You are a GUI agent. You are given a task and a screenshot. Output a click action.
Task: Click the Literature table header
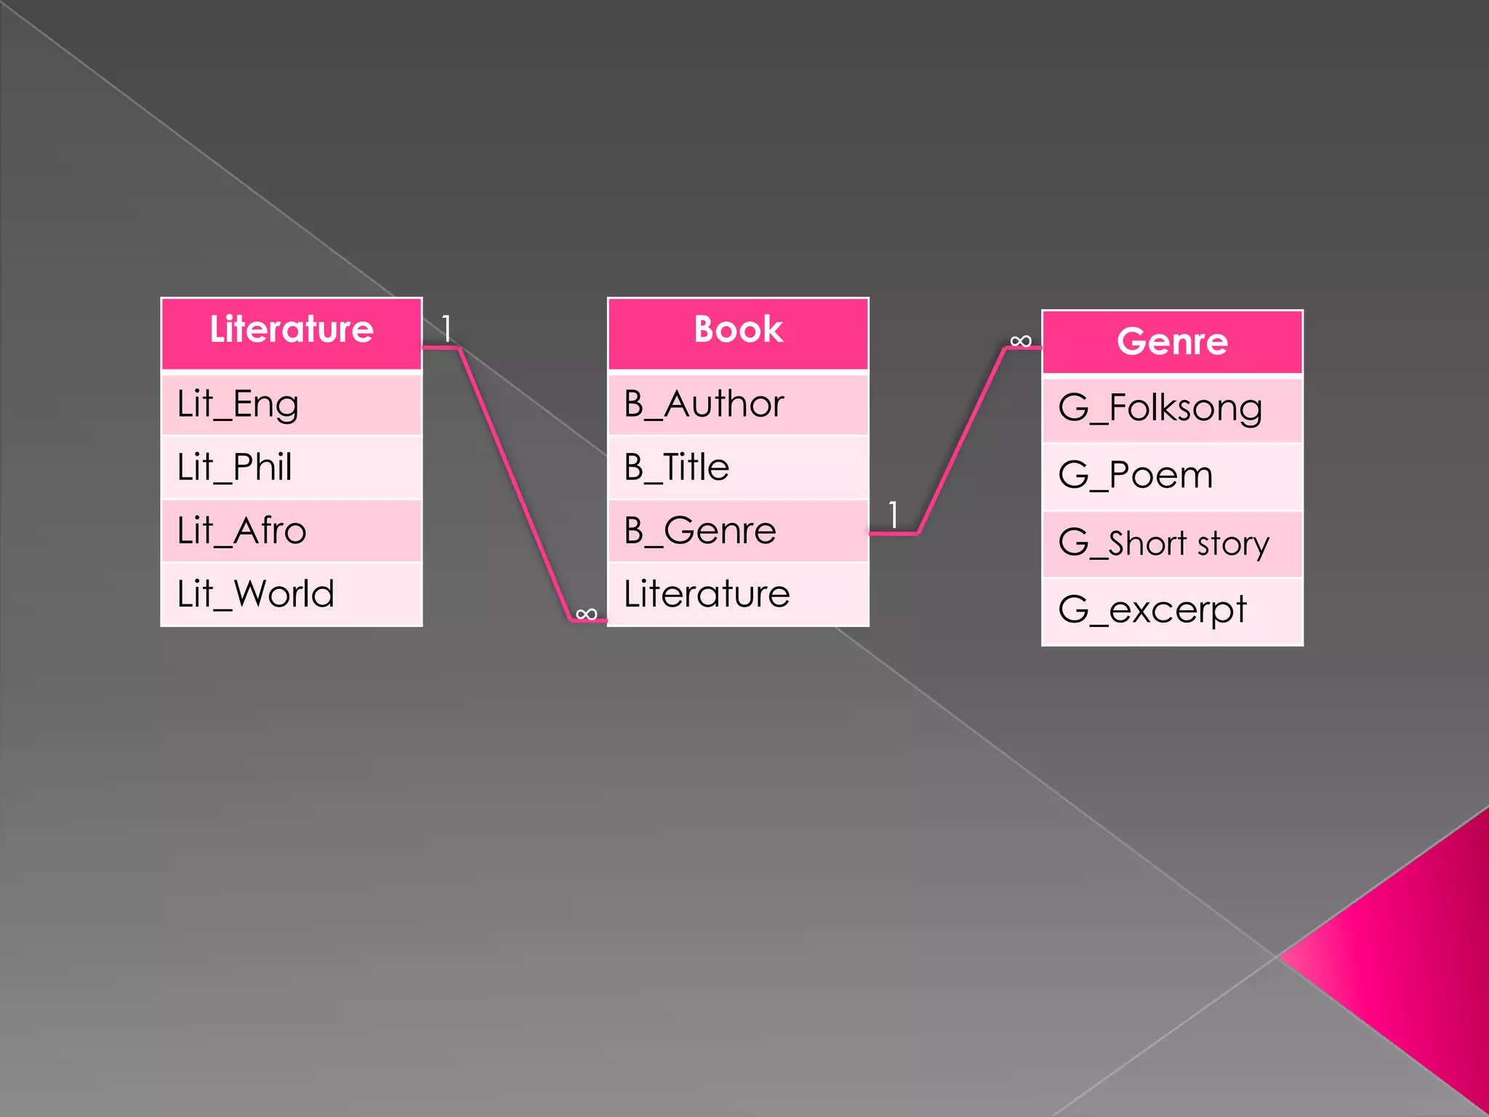(x=291, y=331)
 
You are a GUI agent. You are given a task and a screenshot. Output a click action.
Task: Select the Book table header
(x=738, y=331)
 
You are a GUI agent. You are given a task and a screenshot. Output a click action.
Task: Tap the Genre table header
(x=1172, y=342)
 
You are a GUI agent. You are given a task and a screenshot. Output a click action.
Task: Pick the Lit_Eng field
(x=291, y=404)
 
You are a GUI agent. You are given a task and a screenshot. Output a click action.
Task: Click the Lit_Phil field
(x=291, y=468)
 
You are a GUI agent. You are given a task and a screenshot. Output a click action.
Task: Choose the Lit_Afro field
(x=291, y=531)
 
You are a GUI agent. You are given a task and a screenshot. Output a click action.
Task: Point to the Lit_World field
(x=291, y=594)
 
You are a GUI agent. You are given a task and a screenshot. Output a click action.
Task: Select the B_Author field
(x=738, y=404)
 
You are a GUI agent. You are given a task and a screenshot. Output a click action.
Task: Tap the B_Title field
(x=738, y=468)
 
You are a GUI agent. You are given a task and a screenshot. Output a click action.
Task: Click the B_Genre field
(x=738, y=531)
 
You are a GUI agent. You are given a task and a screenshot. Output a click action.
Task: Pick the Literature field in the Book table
(x=738, y=594)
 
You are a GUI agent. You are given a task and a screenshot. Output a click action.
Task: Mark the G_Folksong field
(x=1172, y=409)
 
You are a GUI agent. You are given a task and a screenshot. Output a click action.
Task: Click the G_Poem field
(x=1172, y=476)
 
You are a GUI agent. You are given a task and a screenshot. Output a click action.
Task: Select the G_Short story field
(x=1172, y=544)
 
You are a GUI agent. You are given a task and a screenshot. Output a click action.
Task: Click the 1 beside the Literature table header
(x=446, y=329)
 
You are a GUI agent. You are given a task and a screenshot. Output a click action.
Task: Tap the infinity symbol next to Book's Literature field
(x=586, y=614)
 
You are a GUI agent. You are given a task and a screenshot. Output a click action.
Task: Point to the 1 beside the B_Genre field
(x=894, y=515)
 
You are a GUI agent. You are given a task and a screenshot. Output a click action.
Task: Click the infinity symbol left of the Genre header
(x=1021, y=341)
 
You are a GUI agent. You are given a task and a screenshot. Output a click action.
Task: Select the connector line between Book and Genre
(x=961, y=441)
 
